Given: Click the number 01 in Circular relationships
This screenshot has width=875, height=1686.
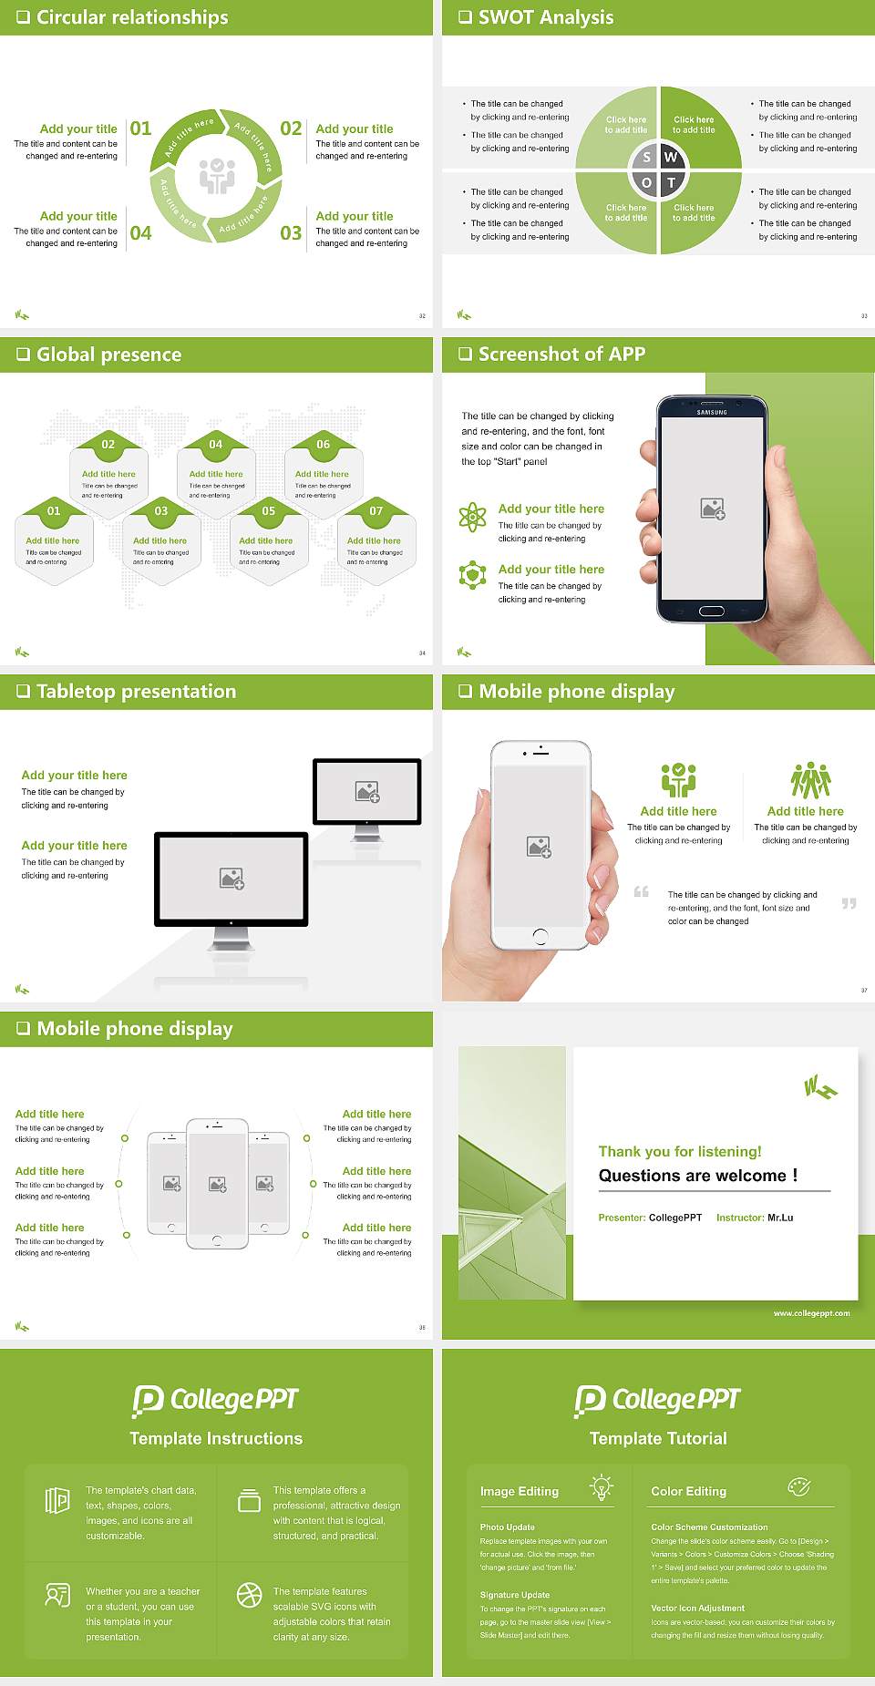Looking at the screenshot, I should [140, 129].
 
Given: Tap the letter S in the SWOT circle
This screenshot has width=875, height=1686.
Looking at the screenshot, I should [647, 158].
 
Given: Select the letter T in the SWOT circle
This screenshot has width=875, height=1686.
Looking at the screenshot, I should [672, 182].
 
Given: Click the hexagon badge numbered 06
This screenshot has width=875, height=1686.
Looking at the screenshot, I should [324, 444].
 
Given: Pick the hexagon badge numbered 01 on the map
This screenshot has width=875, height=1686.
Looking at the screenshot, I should [54, 510].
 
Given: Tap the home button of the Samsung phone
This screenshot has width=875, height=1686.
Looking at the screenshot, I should [712, 611].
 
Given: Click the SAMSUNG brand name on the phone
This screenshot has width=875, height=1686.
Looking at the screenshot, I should [712, 413].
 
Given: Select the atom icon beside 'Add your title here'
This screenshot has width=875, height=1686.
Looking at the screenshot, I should [472, 517].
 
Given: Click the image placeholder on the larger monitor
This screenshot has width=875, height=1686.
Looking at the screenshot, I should [232, 879].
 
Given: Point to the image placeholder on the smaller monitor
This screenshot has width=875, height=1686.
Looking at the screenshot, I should [367, 792].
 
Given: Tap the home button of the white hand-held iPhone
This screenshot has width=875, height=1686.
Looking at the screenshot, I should [540, 935].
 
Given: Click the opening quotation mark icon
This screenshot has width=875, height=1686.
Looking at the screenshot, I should [642, 891].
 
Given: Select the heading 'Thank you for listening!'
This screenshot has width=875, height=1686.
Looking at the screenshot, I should [680, 1151].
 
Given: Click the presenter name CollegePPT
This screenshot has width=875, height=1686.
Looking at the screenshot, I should [675, 1218].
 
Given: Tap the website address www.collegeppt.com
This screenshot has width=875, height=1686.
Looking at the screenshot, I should [811, 1313].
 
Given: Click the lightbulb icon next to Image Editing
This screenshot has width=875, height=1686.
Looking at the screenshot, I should [602, 1487].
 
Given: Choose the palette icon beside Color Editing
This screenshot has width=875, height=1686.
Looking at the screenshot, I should [798, 1487].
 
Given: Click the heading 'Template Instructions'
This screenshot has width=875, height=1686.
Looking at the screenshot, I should [216, 1438].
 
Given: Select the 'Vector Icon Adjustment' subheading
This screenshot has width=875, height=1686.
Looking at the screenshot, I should [697, 1609].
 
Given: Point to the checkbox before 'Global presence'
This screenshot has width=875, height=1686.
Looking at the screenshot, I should [23, 355].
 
